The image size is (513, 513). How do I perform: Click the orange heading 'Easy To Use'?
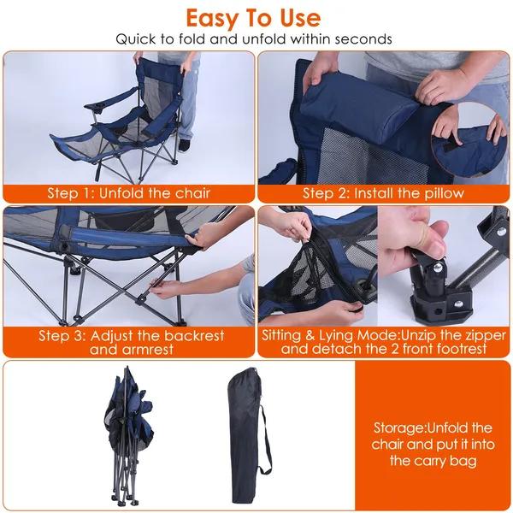coord(254,17)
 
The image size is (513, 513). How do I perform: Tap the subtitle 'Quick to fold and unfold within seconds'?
coord(256,39)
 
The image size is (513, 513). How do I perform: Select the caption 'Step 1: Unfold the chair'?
coord(129,192)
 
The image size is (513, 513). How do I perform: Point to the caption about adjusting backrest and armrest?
coord(129,343)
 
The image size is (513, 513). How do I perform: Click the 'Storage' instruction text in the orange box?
coord(433,444)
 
